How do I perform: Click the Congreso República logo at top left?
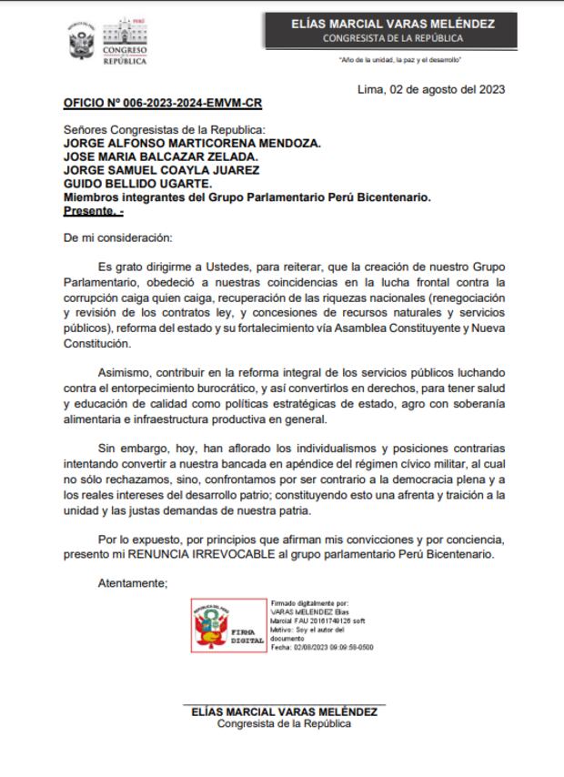coord(108,42)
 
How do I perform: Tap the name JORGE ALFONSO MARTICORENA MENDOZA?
coord(192,143)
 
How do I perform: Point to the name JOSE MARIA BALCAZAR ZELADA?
coord(155,156)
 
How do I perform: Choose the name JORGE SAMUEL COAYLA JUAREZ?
coord(161,170)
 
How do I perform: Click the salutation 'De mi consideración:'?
coord(117,237)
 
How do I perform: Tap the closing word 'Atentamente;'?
coord(132,583)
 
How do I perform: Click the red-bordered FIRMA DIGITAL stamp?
coord(228,625)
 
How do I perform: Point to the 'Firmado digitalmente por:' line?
coord(309,602)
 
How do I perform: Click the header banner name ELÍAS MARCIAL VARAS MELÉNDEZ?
coord(406,24)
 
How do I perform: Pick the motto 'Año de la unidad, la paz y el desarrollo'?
coord(401,60)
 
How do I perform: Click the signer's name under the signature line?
coord(285,711)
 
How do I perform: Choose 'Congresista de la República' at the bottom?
coord(284,724)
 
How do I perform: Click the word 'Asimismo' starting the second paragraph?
coord(126,372)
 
